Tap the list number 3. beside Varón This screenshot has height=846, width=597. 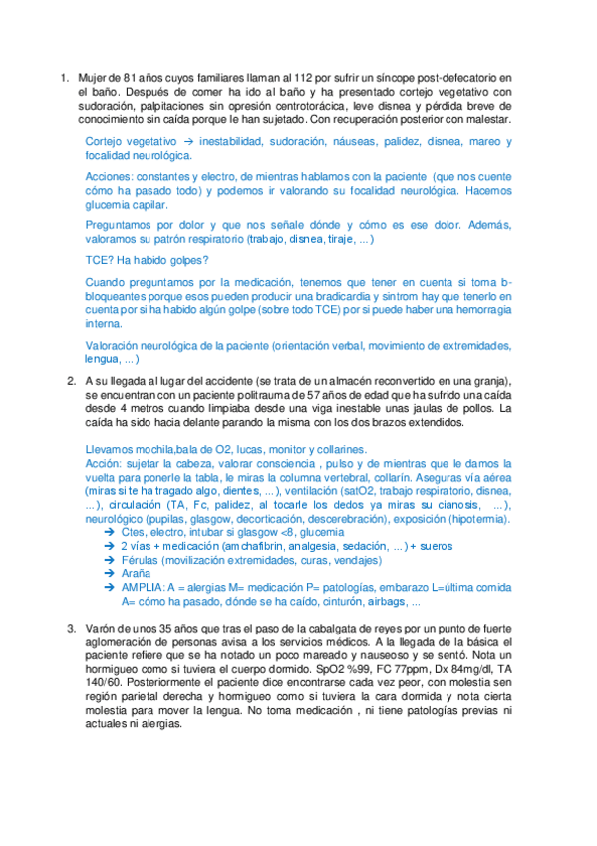pos(72,628)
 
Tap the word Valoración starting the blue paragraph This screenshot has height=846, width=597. pos(116,345)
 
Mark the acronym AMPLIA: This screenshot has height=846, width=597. pos(146,589)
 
